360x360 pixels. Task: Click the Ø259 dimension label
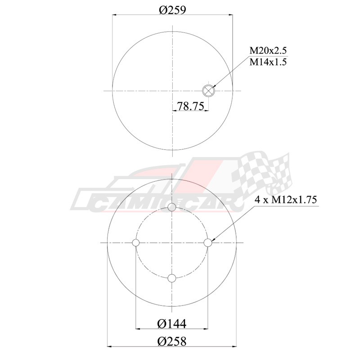coord(173,9)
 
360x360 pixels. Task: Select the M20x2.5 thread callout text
coord(268,50)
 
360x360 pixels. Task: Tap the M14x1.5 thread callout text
coord(268,62)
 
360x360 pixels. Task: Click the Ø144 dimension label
coord(172,323)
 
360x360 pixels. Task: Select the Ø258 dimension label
coord(172,341)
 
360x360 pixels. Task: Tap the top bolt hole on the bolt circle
coord(172,207)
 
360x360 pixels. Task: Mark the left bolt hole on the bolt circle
coord(136,243)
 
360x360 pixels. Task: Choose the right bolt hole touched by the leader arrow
coord(207,243)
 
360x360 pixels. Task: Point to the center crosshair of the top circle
coord(173,90)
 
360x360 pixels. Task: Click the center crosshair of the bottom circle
coord(172,243)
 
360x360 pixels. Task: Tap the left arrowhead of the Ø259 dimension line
coord(115,15)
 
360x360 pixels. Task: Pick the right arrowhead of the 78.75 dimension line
coord(206,111)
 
